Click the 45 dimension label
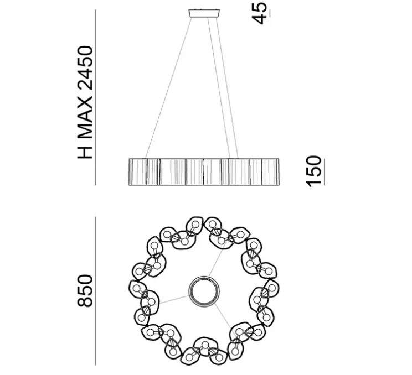pyautogui.click(x=259, y=13)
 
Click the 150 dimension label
pyautogui.click(x=314, y=171)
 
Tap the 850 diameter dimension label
pyautogui.click(x=85, y=290)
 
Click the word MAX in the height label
pyautogui.click(x=85, y=118)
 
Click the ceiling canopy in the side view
pyautogui.click(x=204, y=13)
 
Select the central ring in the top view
pyautogui.click(x=204, y=291)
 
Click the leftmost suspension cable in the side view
pyautogui.click(x=169, y=88)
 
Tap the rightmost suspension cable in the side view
pyautogui.click(x=227, y=88)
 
